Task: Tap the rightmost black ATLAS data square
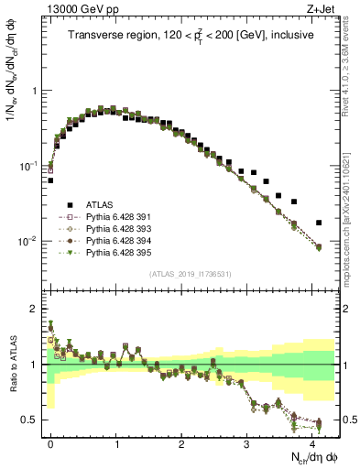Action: coord(319,223)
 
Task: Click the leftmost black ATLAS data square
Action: coord(50,180)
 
